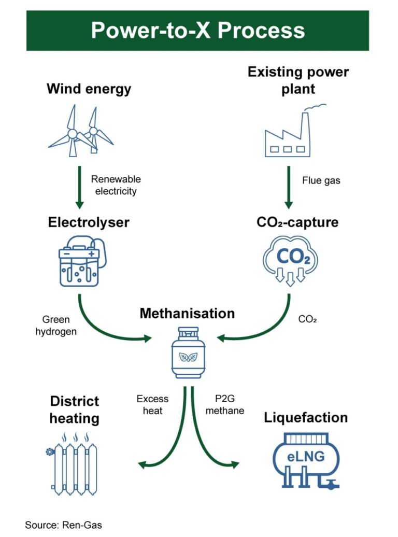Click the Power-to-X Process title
[197, 31]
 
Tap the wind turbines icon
[81, 131]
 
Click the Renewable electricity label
[116, 185]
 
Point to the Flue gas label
[321, 181]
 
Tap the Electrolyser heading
[89, 223]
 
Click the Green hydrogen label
[56, 326]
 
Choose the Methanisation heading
[187, 314]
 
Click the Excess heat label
[152, 404]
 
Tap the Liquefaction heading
[306, 418]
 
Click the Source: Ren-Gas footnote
[63, 525]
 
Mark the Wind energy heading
[89, 89]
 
